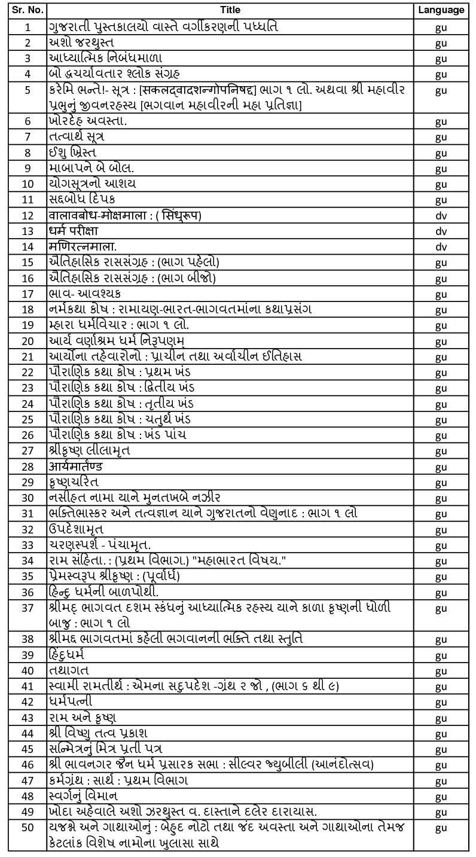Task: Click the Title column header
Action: coord(230,10)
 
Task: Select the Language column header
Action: coord(441,10)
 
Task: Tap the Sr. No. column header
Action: coord(27,10)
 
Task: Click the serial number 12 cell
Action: coord(28,215)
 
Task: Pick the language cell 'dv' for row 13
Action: coord(441,231)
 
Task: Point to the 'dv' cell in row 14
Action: coord(441,246)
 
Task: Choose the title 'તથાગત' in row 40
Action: coord(69,670)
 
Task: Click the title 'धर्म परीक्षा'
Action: coord(74,231)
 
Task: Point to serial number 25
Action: coord(28,419)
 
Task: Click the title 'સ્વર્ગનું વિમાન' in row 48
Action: coord(83,796)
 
